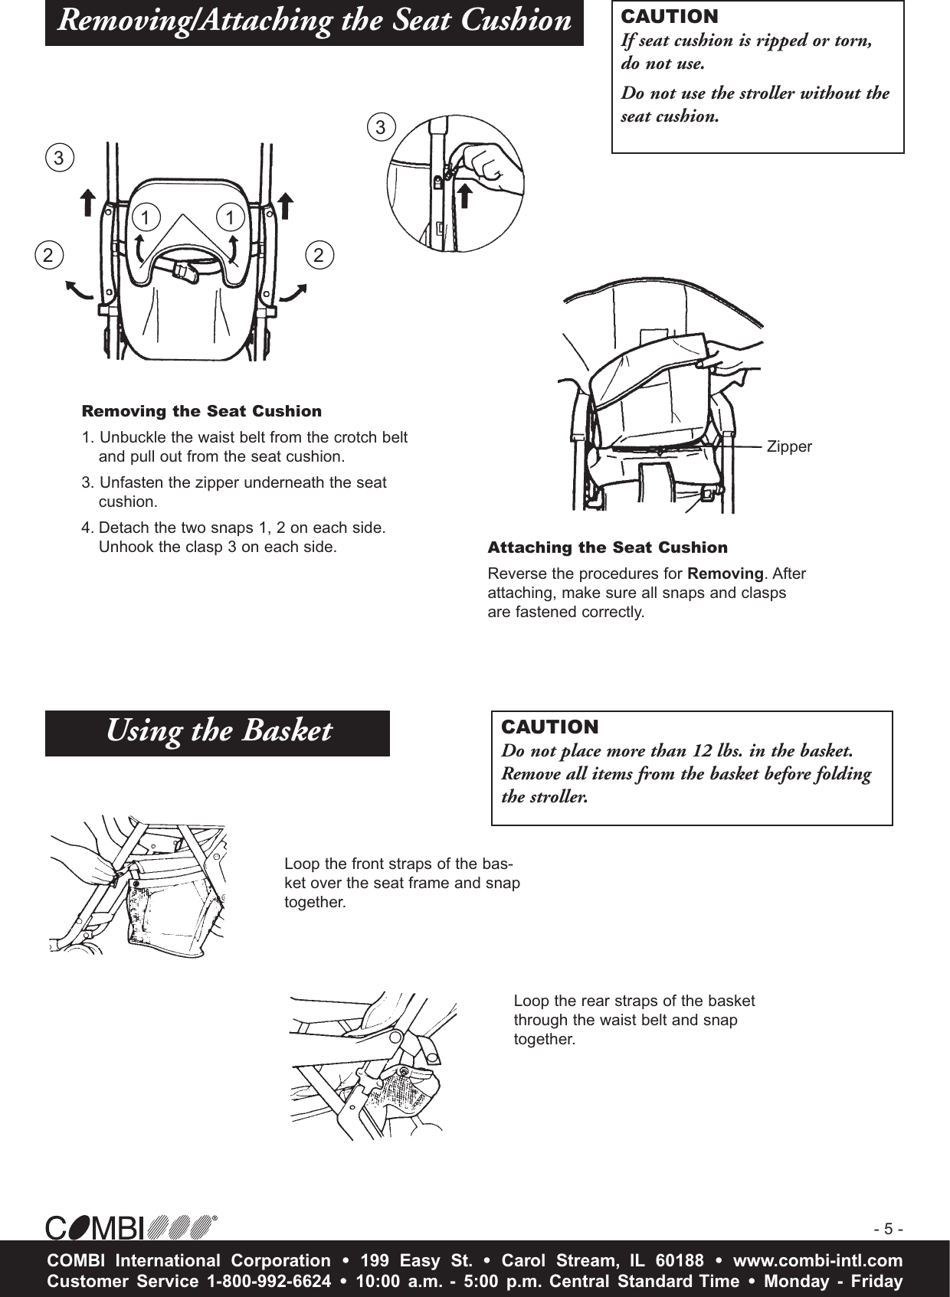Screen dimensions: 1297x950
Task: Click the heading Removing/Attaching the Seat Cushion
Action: point(314,21)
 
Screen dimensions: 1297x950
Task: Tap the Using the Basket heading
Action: point(218,731)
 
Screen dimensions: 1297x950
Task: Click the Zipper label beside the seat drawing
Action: point(789,446)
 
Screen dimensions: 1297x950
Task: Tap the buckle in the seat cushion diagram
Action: point(184,272)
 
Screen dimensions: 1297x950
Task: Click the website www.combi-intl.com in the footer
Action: point(817,1260)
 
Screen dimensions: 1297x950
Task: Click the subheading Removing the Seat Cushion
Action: point(201,411)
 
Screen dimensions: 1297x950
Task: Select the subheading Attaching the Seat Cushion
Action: point(608,547)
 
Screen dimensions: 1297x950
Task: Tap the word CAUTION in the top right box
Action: point(670,16)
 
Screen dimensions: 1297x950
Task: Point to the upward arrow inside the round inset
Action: point(465,184)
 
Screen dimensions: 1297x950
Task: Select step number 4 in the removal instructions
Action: point(86,528)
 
